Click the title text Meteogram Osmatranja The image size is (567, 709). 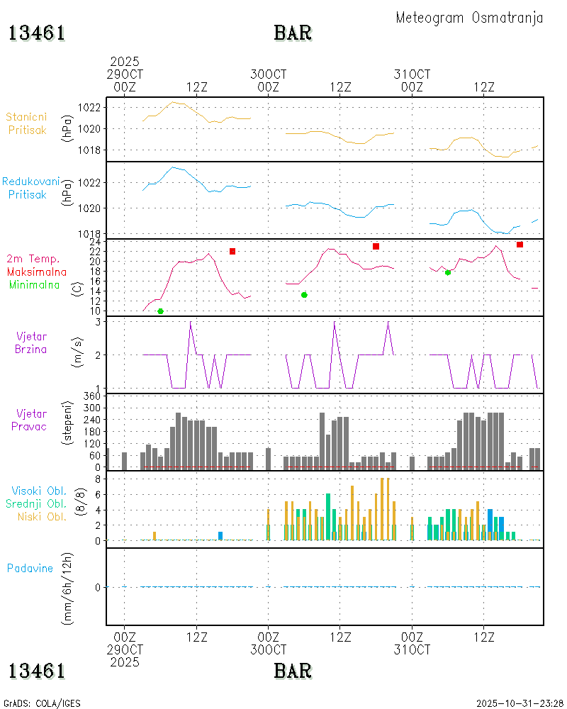point(469,18)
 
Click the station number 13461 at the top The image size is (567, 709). point(37,33)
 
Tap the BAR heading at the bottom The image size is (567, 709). point(293,670)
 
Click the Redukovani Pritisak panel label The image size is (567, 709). point(30,188)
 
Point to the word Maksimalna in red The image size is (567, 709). point(37,272)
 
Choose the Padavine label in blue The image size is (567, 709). point(30,568)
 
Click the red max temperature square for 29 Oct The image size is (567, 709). point(232,251)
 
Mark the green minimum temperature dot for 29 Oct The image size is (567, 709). point(160,311)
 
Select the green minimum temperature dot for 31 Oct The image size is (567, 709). point(447,272)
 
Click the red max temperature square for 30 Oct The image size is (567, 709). point(376,246)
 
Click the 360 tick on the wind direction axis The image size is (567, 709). point(94,395)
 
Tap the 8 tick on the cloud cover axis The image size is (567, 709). point(99,479)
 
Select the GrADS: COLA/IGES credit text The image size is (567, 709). point(42,703)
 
